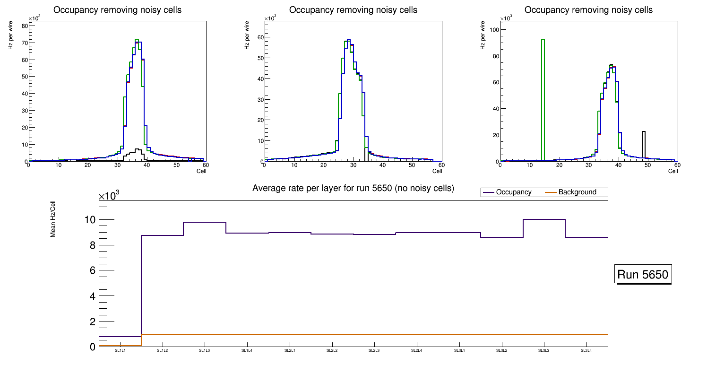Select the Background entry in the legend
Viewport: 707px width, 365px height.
pyautogui.click(x=577, y=192)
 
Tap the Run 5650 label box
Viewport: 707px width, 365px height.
pyautogui.click(x=643, y=274)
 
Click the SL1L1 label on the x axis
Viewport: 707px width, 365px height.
pyautogui.click(x=120, y=351)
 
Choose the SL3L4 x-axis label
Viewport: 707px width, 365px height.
pyautogui.click(x=586, y=351)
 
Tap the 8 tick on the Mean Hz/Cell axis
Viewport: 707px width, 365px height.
pyautogui.click(x=92, y=245)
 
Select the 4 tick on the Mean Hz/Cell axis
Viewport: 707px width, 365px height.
pyautogui.click(x=92, y=296)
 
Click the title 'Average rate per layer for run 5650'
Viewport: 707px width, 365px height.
pyautogui.click(x=353, y=188)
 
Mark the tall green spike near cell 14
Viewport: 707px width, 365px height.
pyautogui.click(x=543, y=95)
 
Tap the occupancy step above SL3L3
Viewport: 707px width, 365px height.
pyautogui.click(x=544, y=219)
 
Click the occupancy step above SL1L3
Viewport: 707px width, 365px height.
pyautogui.click(x=204, y=222)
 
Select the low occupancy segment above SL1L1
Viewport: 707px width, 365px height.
pyautogui.click(x=120, y=337)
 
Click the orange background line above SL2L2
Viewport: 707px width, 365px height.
pyautogui.click(x=332, y=334)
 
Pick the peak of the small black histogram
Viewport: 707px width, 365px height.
pyautogui.click(x=137, y=149)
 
